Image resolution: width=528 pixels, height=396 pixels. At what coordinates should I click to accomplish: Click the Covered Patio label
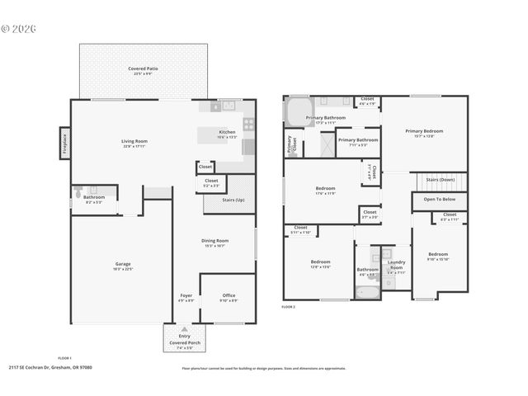[x=139, y=68]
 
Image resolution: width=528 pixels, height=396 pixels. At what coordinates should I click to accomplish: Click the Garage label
[x=122, y=265]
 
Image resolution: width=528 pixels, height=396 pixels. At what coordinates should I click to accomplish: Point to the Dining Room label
[x=215, y=241]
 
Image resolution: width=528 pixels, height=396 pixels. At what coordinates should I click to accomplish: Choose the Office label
[x=229, y=296]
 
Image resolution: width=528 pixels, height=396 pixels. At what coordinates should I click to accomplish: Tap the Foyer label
[x=186, y=296]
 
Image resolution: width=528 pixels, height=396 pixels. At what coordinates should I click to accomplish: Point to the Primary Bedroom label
[x=424, y=132]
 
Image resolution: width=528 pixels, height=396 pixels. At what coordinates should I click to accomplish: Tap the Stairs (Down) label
[x=441, y=179]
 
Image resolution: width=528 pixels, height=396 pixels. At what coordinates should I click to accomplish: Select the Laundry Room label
[x=396, y=265]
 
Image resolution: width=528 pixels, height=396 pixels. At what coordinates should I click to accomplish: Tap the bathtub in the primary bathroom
[x=295, y=110]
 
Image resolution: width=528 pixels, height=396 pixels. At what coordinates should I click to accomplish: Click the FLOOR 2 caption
[x=288, y=307]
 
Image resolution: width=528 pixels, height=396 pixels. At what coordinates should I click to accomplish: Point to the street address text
[x=50, y=367]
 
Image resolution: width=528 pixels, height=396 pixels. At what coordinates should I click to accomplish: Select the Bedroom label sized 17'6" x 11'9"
[x=325, y=190]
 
